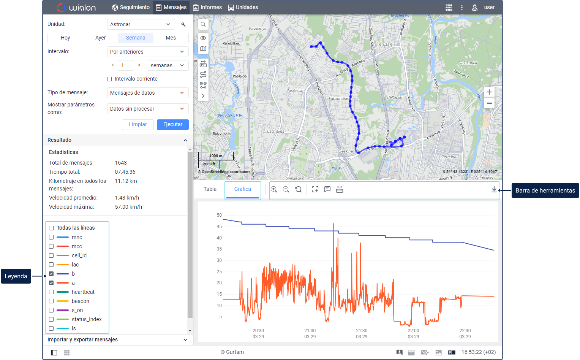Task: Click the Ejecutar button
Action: (x=172, y=124)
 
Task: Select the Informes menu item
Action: (x=207, y=7)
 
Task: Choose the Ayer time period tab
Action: (x=100, y=38)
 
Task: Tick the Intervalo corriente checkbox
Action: (x=109, y=79)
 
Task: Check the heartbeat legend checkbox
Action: (x=51, y=292)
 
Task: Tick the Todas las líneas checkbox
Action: (x=51, y=228)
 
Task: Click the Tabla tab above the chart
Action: (x=210, y=189)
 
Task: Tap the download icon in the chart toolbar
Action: (x=494, y=189)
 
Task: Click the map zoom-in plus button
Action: (x=489, y=92)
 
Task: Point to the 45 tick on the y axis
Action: (x=219, y=227)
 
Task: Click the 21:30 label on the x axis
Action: (x=362, y=331)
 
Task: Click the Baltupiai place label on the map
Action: (x=395, y=97)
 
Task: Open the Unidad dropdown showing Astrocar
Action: (x=141, y=24)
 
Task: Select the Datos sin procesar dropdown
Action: (x=147, y=109)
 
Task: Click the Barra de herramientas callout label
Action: (x=545, y=190)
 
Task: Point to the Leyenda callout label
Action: (x=16, y=276)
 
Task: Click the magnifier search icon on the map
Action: (x=203, y=24)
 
